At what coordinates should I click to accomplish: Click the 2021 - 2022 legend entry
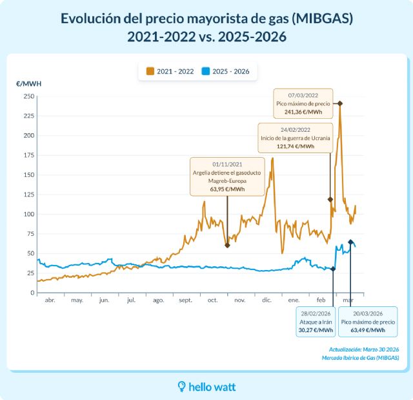[170, 71]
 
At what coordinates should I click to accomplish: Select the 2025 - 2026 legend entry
[226, 71]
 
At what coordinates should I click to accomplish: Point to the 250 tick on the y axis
[28, 96]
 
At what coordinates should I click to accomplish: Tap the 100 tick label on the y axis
[28, 214]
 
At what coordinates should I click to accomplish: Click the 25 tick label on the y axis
[30, 273]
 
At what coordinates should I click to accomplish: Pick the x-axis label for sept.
[185, 300]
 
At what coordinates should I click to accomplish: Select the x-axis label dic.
[267, 300]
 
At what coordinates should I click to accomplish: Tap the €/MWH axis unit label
[29, 84]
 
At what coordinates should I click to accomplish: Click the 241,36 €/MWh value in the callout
[303, 112]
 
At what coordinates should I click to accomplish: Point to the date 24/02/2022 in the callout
[295, 129]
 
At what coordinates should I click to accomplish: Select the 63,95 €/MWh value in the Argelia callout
[227, 189]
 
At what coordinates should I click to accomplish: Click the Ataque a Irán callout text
[316, 321]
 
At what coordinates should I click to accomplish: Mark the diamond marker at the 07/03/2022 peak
[340, 103]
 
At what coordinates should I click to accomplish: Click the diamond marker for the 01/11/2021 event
[227, 245]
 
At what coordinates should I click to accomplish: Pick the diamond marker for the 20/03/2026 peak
[350, 242]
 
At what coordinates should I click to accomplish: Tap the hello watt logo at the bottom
[206, 386]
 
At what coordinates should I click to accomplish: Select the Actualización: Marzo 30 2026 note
[363, 350]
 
